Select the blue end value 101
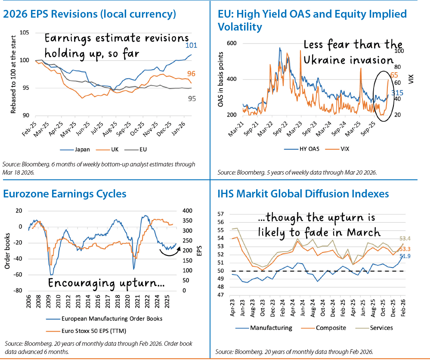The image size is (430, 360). tap(191, 46)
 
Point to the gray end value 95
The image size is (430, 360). tap(192, 98)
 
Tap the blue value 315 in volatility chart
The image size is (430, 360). tap(397, 92)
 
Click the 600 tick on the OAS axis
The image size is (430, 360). tap(232, 43)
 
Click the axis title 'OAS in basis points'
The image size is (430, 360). tap(220, 80)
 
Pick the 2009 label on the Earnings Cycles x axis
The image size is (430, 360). tap(51, 303)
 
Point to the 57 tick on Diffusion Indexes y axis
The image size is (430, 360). tap(221, 214)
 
